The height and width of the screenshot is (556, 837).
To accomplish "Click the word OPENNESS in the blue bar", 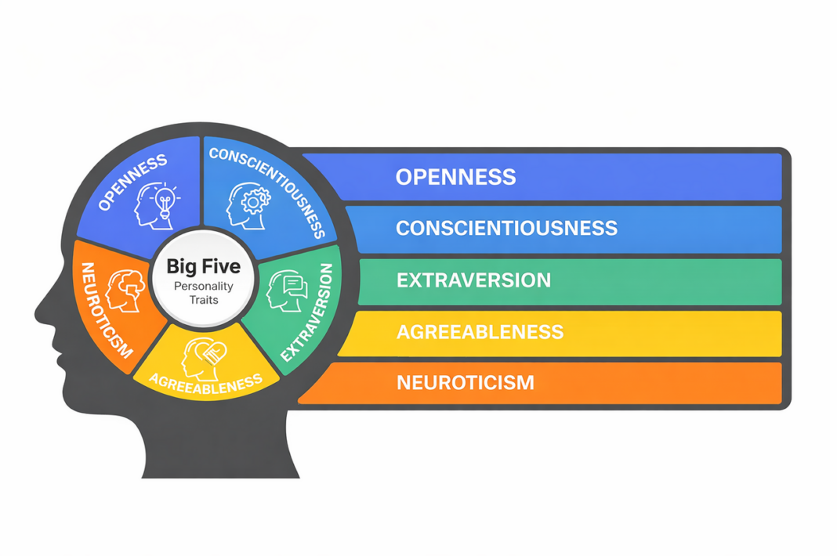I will point(455,176).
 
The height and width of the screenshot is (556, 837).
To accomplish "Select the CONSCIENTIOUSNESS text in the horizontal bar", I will point(506,228).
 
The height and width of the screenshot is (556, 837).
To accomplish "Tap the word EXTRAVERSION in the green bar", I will point(473,280).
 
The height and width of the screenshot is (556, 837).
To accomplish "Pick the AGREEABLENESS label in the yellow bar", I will point(480,331).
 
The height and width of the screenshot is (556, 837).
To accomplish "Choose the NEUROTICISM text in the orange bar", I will point(465,383).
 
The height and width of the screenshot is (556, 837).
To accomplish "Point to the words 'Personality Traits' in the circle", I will point(203,293).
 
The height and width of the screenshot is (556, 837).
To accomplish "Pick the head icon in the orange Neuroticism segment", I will point(122,290).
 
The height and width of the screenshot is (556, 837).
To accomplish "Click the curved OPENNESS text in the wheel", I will point(132,182).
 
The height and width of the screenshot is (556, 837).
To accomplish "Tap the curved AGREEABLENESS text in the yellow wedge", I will point(205,384).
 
